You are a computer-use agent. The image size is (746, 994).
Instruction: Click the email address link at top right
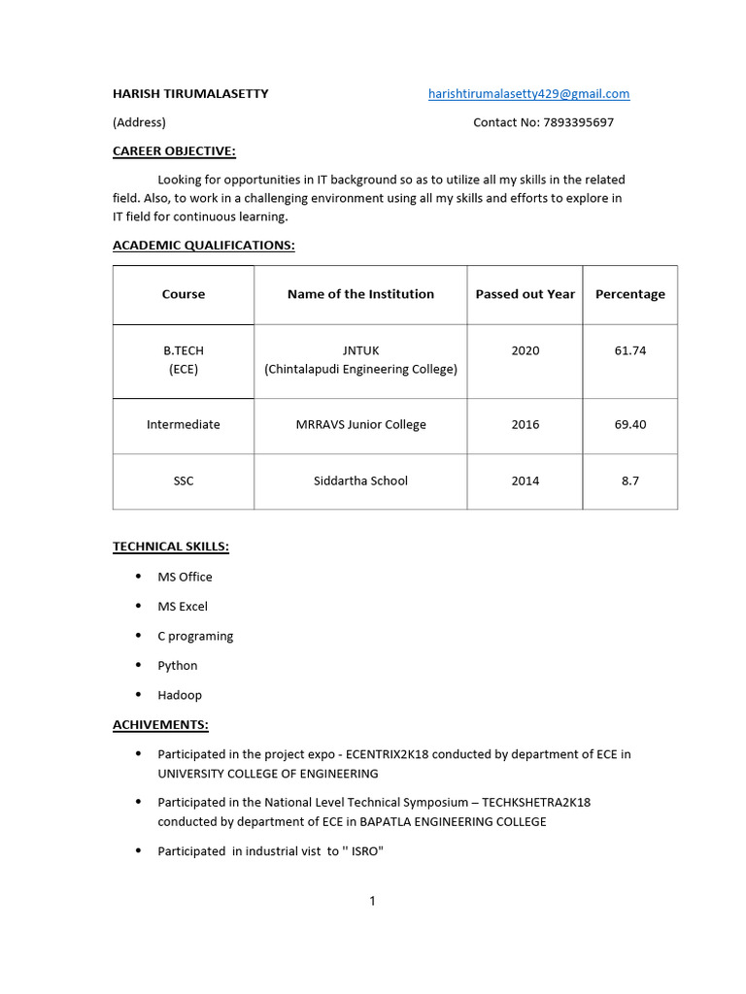click(x=528, y=94)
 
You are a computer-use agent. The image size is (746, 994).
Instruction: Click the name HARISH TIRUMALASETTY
click(x=190, y=94)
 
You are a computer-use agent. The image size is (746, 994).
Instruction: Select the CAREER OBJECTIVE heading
click(x=174, y=150)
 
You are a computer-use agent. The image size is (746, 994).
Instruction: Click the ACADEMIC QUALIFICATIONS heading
click(x=203, y=246)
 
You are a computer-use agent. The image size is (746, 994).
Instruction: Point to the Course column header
click(x=184, y=294)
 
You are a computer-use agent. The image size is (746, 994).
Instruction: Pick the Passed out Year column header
click(x=525, y=294)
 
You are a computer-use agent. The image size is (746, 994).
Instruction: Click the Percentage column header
click(x=629, y=294)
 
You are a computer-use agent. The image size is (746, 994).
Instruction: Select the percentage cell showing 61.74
click(x=629, y=350)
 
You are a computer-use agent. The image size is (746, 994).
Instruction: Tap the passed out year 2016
click(x=525, y=424)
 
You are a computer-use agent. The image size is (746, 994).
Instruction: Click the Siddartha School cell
click(x=360, y=480)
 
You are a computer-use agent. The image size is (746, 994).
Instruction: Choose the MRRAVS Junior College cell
click(x=360, y=424)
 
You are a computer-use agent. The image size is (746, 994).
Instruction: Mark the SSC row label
click(x=184, y=480)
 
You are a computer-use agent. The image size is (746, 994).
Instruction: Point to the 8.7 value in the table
click(x=629, y=480)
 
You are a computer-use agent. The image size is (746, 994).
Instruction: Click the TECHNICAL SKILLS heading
click(x=171, y=547)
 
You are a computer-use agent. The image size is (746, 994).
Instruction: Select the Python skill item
click(x=178, y=666)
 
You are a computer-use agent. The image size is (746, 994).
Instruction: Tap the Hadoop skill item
click(x=180, y=695)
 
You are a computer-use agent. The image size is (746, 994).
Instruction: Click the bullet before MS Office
click(x=137, y=577)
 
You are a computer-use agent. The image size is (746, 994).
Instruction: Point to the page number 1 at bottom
click(x=372, y=902)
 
